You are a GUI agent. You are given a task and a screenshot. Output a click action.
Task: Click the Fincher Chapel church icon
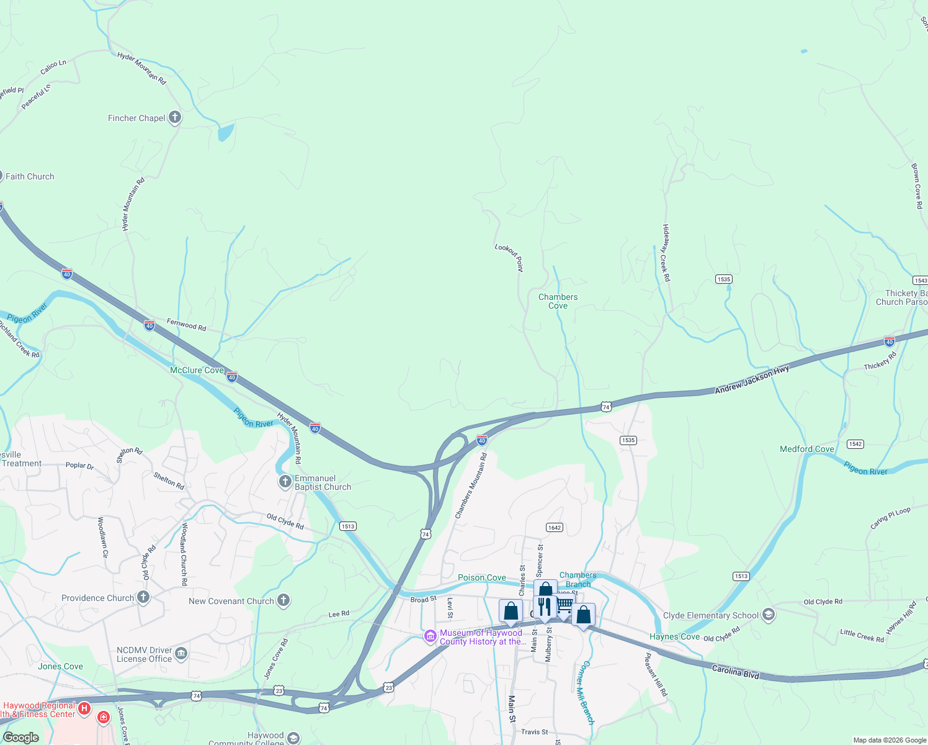pyautogui.click(x=175, y=117)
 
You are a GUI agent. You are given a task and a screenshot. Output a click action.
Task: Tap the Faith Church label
pyautogui.click(x=30, y=176)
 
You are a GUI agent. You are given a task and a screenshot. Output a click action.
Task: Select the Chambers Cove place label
pyautogui.click(x=558, y=301)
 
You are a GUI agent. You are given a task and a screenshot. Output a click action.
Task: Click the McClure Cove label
pyautogui.click(x=197, y=370)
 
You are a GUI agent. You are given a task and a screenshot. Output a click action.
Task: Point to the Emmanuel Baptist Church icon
pyautogui.click(x=285, y=482)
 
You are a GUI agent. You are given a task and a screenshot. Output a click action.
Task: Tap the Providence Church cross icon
pyautogui.click(x=143, y=597)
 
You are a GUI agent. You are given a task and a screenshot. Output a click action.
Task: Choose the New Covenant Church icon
pyautogui.click(x=283, y=600)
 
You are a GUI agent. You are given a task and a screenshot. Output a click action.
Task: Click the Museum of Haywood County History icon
pyautogui.click(x=430, y=637)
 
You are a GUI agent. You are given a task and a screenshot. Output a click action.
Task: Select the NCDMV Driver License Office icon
pyautogui.click(x=181, y=653)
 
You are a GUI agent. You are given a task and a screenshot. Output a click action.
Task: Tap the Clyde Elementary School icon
pyautogui.click(x=769, y=615)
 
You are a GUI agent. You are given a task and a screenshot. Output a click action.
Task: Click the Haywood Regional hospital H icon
pyautogui.click(x=84, y=708)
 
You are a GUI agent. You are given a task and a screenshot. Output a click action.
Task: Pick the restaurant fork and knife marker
pyautogui.click(x=544, y=607)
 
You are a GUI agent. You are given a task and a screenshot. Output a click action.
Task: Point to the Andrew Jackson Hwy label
pyautogui.click(x=752, y=379)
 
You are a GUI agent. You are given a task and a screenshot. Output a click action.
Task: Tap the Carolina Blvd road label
pyautogui.click(x=735, y=671)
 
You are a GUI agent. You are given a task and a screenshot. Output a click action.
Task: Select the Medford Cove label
pyautogui.click(x=806, y=449)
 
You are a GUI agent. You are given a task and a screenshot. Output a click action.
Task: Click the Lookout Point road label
pyautogui.click(x=509, y=257)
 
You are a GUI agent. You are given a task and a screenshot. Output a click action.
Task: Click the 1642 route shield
pyautogui.click(x=554, y=528)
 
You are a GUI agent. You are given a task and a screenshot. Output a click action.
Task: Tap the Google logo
pyautogui.click(x=21, y=738)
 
